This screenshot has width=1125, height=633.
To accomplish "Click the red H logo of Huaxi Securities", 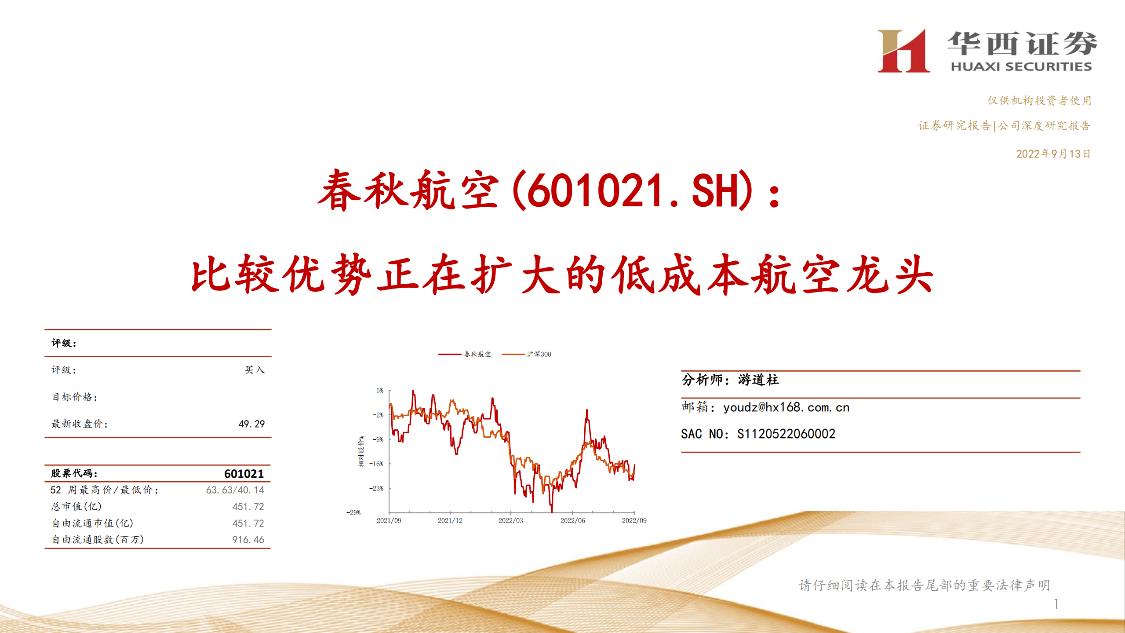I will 903,51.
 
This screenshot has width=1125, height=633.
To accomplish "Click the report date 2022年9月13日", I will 1053,154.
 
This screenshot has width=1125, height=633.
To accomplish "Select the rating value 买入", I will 255,370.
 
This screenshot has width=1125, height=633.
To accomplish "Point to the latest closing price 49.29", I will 251,424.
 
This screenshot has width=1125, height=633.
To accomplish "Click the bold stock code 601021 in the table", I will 244,474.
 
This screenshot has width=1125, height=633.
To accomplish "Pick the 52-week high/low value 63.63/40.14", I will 235,490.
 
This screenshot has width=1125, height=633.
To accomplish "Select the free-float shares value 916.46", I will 248,540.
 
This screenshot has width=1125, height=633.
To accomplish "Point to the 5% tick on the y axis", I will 380,391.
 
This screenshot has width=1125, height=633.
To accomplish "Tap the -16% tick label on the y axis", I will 376,464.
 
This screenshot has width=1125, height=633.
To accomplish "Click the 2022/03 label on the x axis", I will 510,521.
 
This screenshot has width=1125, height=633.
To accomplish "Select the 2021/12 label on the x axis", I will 450,521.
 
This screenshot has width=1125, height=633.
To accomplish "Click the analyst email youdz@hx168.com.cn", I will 786,407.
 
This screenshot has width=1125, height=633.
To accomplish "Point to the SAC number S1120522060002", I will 786,434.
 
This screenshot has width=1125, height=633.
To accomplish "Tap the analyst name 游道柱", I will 758,380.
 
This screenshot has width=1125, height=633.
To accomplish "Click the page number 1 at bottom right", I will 1056,604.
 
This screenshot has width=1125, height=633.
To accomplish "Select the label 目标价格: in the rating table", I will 75,397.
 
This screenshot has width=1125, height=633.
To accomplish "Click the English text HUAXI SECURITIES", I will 1021,67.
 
